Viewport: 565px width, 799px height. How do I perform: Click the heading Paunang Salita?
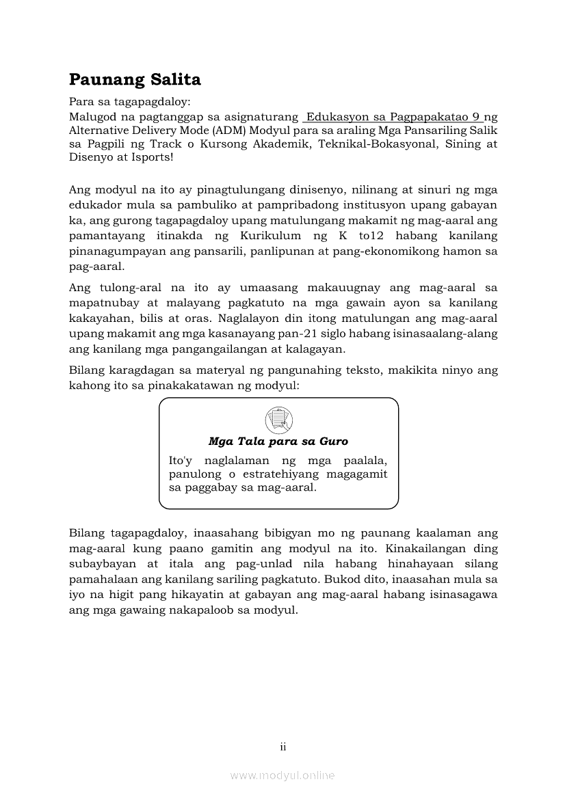pos(135,80)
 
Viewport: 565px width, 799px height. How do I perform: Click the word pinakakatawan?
pos(198,386)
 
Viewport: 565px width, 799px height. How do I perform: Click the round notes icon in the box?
pos(278,418)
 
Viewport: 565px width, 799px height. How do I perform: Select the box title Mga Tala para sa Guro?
pos(278,442)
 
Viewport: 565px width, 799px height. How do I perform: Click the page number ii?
pos(282,747)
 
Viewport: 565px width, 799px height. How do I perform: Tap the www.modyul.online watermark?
pos(282,775)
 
